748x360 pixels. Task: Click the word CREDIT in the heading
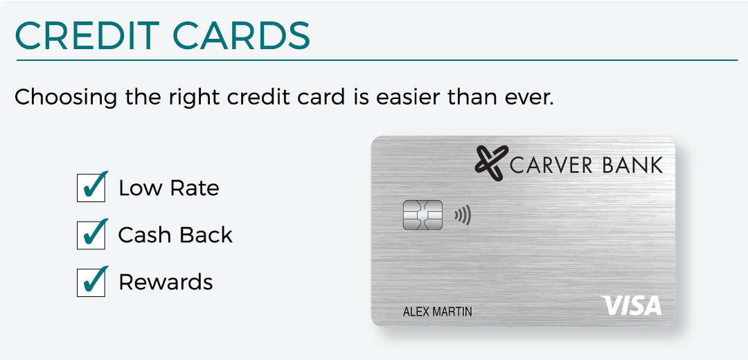[x=87, y=35]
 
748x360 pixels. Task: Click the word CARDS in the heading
[x=241, y=35]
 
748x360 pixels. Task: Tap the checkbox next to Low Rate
[x=91, y=188]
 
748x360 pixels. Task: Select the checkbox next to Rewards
[x=91, y=282]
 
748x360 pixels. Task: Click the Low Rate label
[x=169, y=188]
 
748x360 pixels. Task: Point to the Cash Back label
[x=175, y=235]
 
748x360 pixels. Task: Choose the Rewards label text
[x=166, y=282]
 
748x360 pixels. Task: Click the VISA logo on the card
[x=631, y=305]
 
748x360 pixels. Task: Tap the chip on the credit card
[x=422, y=215]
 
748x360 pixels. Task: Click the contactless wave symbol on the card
[x=462, y=215]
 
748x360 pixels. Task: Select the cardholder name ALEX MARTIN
[x=438, y=312]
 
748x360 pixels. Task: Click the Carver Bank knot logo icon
[x=491, y=163]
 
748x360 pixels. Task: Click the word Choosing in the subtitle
[x=66, y=98]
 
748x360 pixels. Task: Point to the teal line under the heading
[x=377, y=60]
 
